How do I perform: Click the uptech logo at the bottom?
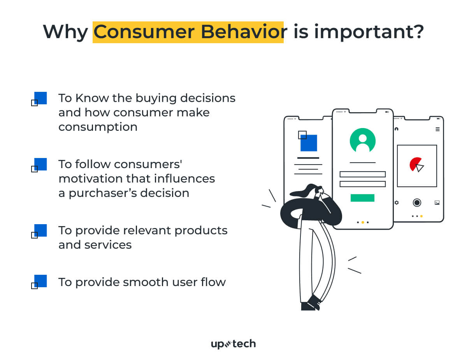point(233,344)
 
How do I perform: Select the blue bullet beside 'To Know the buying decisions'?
point(40,98)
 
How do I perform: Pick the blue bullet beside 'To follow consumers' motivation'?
point(40,164)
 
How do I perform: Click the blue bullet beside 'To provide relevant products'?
point(40,230)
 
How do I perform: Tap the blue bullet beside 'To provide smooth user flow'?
point(40,281)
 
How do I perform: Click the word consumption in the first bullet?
point(98,127)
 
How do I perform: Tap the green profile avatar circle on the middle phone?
point(362,140)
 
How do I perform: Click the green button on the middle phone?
point(362,198)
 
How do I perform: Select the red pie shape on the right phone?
point(415,164)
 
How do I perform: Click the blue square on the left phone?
point(309,143)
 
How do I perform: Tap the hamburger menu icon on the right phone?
point(437,129)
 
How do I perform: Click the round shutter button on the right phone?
point(417,202)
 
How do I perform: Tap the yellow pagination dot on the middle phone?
point(363,222)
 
